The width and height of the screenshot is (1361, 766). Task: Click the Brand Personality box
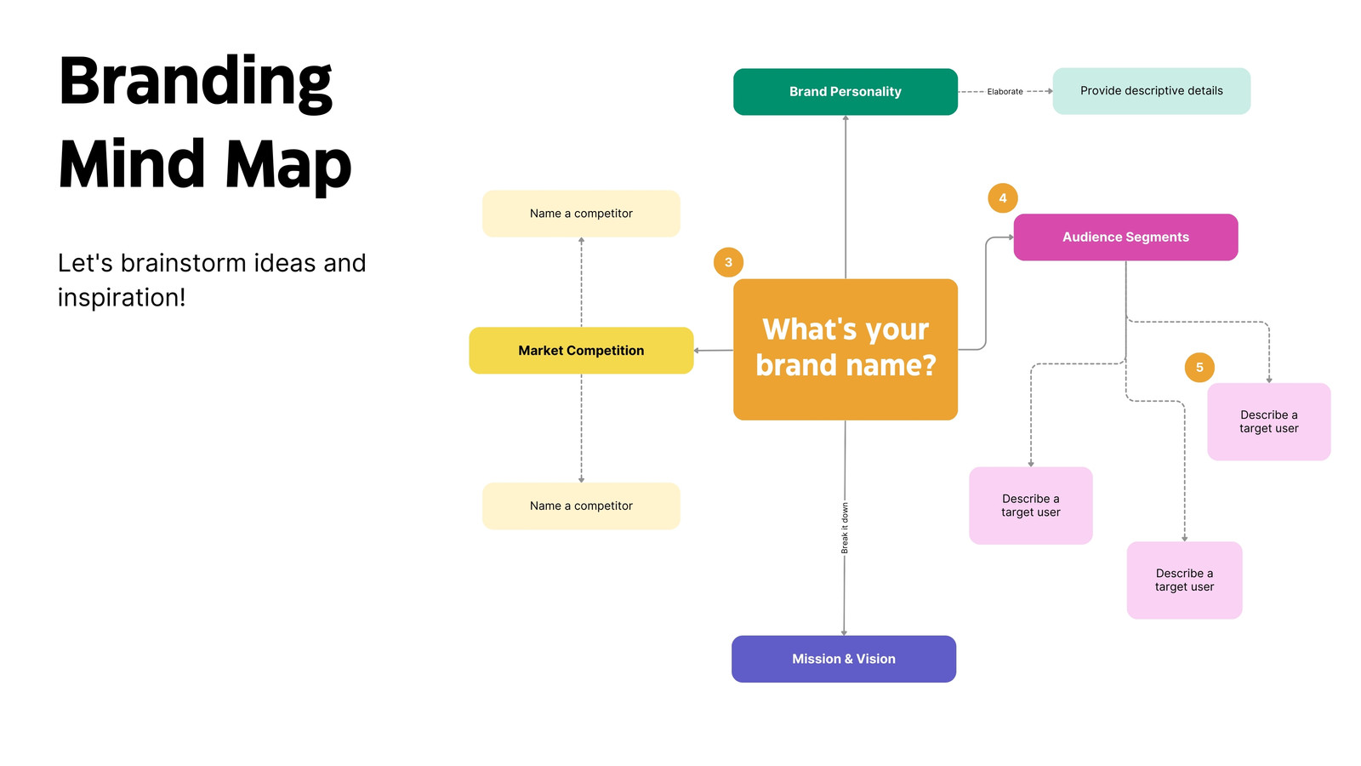[846, 92]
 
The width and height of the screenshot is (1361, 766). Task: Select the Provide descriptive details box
[1152, 91]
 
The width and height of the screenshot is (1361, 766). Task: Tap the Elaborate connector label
[1005, 92]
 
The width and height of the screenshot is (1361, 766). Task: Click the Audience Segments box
[1125, 237]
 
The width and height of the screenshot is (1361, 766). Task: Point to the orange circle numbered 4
[1003, 198]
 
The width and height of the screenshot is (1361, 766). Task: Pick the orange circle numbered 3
[728, 263]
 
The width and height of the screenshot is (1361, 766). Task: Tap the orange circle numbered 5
[1199, 367]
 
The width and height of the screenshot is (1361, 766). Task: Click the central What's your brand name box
[846, 350]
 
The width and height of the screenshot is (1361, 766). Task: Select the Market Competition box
[581, 351]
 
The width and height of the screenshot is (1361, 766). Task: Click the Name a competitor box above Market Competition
[581, 214]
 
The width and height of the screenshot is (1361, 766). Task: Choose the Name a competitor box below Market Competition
[581, 506]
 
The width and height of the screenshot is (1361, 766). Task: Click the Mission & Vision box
[843, 659]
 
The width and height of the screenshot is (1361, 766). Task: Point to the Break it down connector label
[845, 528]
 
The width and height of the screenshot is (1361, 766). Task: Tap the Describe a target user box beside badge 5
[1268, 421]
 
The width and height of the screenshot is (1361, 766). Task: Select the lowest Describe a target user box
[1184, 580]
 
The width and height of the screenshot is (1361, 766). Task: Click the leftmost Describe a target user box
[1030, 506]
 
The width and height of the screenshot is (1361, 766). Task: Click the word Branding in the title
[195, 84]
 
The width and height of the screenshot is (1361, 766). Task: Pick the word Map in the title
[288, 164]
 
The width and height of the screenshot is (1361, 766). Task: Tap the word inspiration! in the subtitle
[122, 298]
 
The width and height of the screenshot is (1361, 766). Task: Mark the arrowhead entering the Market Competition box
[697, 351]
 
